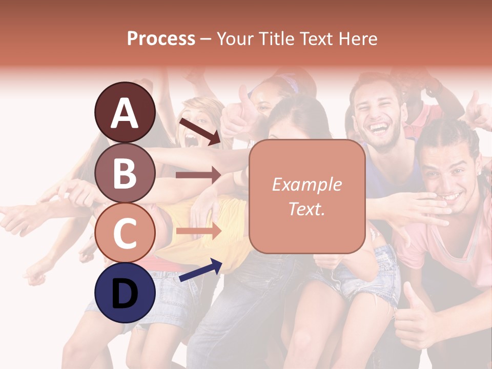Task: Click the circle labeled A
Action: tap(125, 112)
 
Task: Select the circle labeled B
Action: tap(125, 172)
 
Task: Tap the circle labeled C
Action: tap(125, 233)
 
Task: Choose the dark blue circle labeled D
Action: tap(125, 293)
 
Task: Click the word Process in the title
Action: tap(161, 38)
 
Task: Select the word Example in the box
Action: tap(307, 185)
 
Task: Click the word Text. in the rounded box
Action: tap(307, 209)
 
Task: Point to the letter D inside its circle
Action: tap(125, 294)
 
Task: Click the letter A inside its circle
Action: tap(125, 113)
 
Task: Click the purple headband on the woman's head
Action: tap(289, 83)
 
